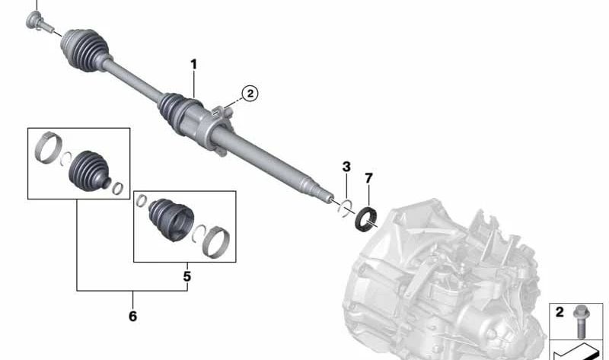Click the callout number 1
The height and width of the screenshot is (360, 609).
[193, 65]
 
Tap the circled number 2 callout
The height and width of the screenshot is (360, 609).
[250, 94]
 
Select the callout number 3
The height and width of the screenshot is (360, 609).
[346, 167]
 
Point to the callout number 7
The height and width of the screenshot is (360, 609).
[368, 179]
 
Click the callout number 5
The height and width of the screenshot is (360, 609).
[187, 276]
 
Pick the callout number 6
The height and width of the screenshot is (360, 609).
[132, 316]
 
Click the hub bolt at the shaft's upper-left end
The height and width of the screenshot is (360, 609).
[38, 22]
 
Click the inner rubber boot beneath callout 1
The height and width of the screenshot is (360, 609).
[177, 110]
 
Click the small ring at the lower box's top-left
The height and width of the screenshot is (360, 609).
[140, 201]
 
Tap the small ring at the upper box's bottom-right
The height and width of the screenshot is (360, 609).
[118, 188]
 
